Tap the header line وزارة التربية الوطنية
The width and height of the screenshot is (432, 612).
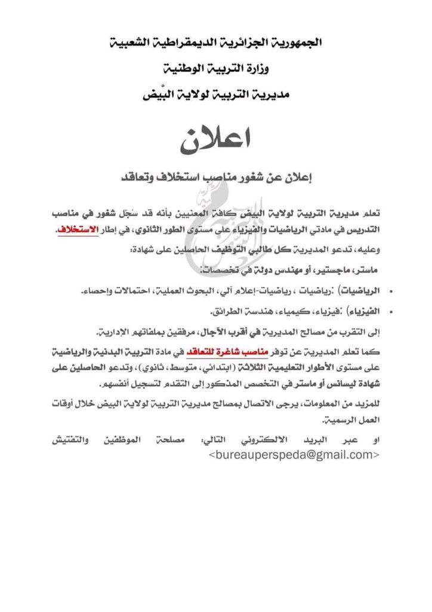216,69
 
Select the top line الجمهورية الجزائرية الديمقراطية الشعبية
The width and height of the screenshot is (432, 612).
216,44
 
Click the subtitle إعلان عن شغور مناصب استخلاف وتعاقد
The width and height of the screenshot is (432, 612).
216,178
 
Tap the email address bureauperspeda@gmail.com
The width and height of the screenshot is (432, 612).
294,455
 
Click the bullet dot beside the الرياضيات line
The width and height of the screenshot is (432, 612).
390,292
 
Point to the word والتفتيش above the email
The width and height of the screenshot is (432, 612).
70,440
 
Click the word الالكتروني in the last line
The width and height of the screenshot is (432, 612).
270,440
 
